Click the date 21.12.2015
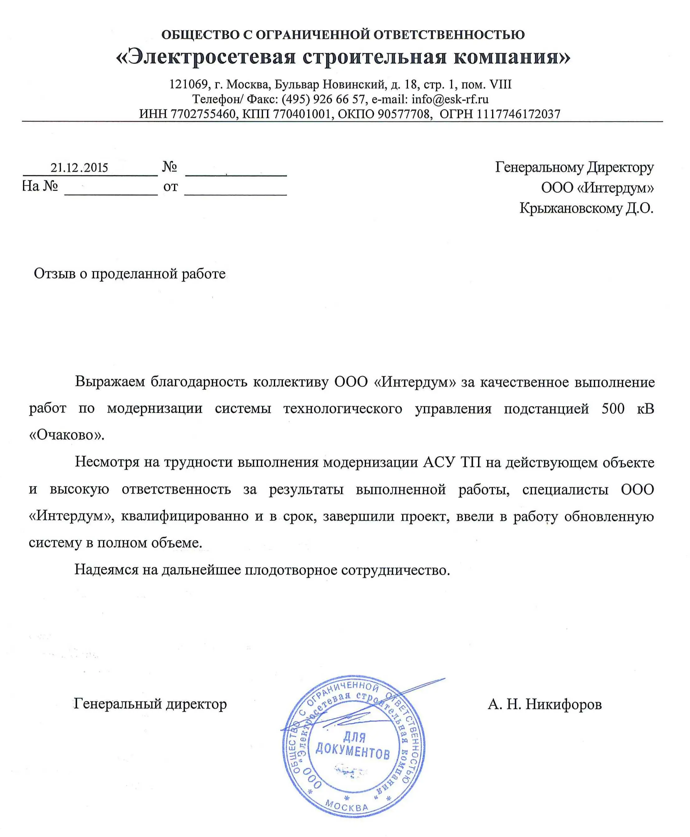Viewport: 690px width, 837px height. coord(79,168)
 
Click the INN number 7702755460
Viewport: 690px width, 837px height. coord(203,114)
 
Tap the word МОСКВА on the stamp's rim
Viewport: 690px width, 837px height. coord(347,806)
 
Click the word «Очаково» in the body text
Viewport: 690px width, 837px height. coord(66,435)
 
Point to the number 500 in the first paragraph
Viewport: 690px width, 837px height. coord(613,409)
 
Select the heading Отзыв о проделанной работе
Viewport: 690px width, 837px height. coord(129,274)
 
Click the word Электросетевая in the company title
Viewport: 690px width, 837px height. coord(206,57)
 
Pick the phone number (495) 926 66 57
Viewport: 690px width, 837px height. coord(323,99)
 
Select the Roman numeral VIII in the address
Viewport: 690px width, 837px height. coord(500,84)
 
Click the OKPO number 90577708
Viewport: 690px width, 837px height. coord(403,114)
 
